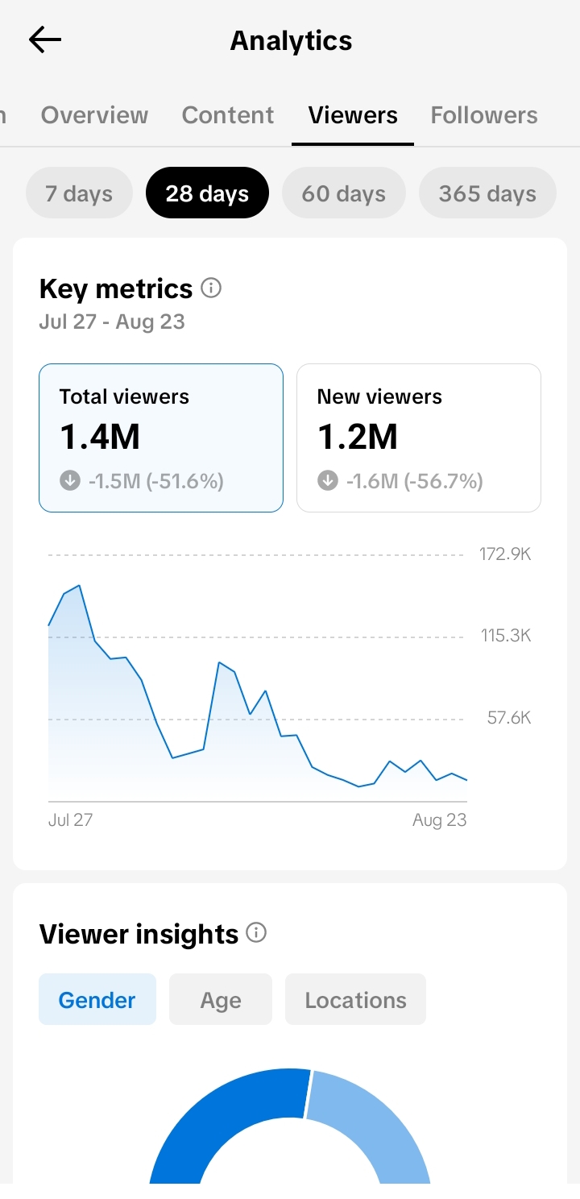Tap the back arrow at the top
(45, 39)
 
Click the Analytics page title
(291, 40)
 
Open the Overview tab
(95, 115)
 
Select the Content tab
(228, 115)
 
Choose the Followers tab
(484, 115)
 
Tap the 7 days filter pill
(79, 193)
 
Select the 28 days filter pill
(207, 193)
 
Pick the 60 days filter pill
(343, 193)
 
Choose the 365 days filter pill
(487, 193)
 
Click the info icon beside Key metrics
(211, 288)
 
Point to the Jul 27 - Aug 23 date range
(112, 322)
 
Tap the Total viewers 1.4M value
(100, 436)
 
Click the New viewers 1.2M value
(358, 436)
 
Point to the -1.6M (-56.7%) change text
(415, 481)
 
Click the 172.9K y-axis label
(505, 554)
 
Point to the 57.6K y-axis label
(509, 718)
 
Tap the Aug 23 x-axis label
(439, 820)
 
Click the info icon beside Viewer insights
(256, 932)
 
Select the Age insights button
(221, 999)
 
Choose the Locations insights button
(355, 999)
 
